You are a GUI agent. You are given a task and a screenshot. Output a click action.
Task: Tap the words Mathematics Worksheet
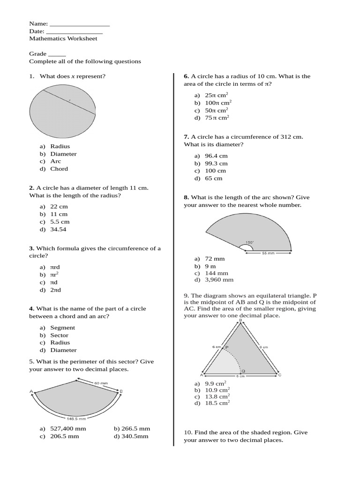coord(63,38)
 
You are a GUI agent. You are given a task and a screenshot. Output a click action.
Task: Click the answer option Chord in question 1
coord(59,169)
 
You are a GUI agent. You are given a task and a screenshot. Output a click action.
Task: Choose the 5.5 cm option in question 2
coord(60,222)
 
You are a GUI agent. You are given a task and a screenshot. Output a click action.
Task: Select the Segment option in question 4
coord(62,328)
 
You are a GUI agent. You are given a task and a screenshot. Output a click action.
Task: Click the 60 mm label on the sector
coord(101,383)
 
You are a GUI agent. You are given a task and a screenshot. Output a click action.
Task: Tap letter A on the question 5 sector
coord(31,391)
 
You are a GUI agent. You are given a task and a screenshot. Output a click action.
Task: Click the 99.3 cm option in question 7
coord(216,164)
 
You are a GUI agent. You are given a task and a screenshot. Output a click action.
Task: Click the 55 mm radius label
coord(268,253)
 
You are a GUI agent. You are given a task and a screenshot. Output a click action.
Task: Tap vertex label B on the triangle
coord(241,320)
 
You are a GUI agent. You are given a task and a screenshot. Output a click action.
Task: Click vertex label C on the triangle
coord(280,375)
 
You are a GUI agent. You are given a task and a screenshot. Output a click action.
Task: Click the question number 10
coord(188,433)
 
